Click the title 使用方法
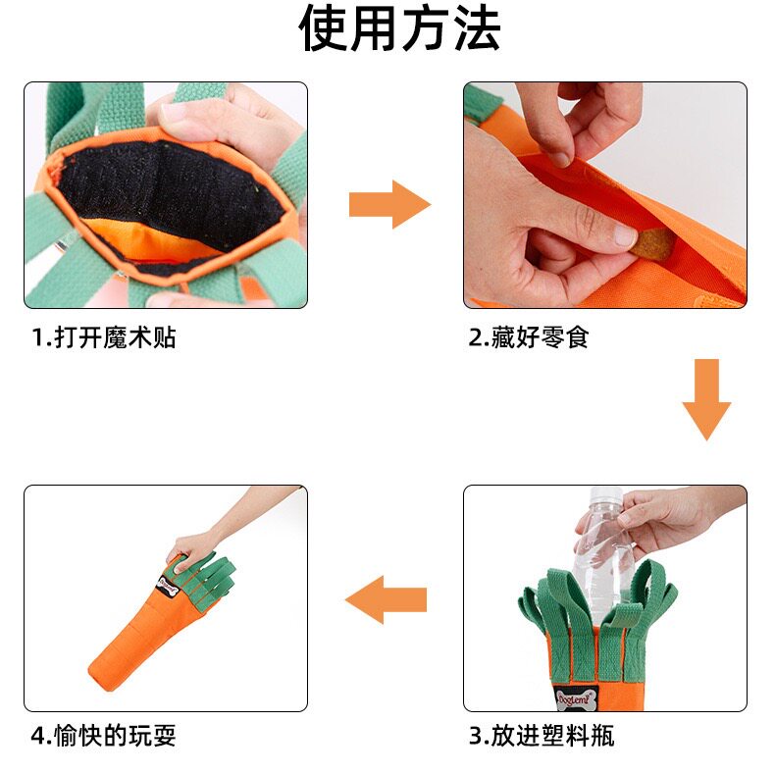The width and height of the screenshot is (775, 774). coord(399,28)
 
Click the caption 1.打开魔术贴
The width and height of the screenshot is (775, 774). coord(104,338)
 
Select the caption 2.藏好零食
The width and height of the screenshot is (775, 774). coord(529,338)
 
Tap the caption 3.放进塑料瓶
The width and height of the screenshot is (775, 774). coord(542,736)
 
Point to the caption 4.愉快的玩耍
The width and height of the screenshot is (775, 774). coord(103,736)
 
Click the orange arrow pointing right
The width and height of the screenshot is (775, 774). coord(390,205)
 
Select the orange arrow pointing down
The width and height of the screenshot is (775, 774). coord(706,400)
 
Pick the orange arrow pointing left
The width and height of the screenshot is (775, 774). coord(386,599)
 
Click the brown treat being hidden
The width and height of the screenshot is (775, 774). coord(652,243)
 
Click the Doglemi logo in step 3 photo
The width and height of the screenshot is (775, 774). coord(577,697)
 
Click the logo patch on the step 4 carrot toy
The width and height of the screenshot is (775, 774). coord(167,587)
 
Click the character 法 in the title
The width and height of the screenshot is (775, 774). coord(477,28)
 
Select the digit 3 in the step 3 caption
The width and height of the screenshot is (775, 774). coord(476,737)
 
